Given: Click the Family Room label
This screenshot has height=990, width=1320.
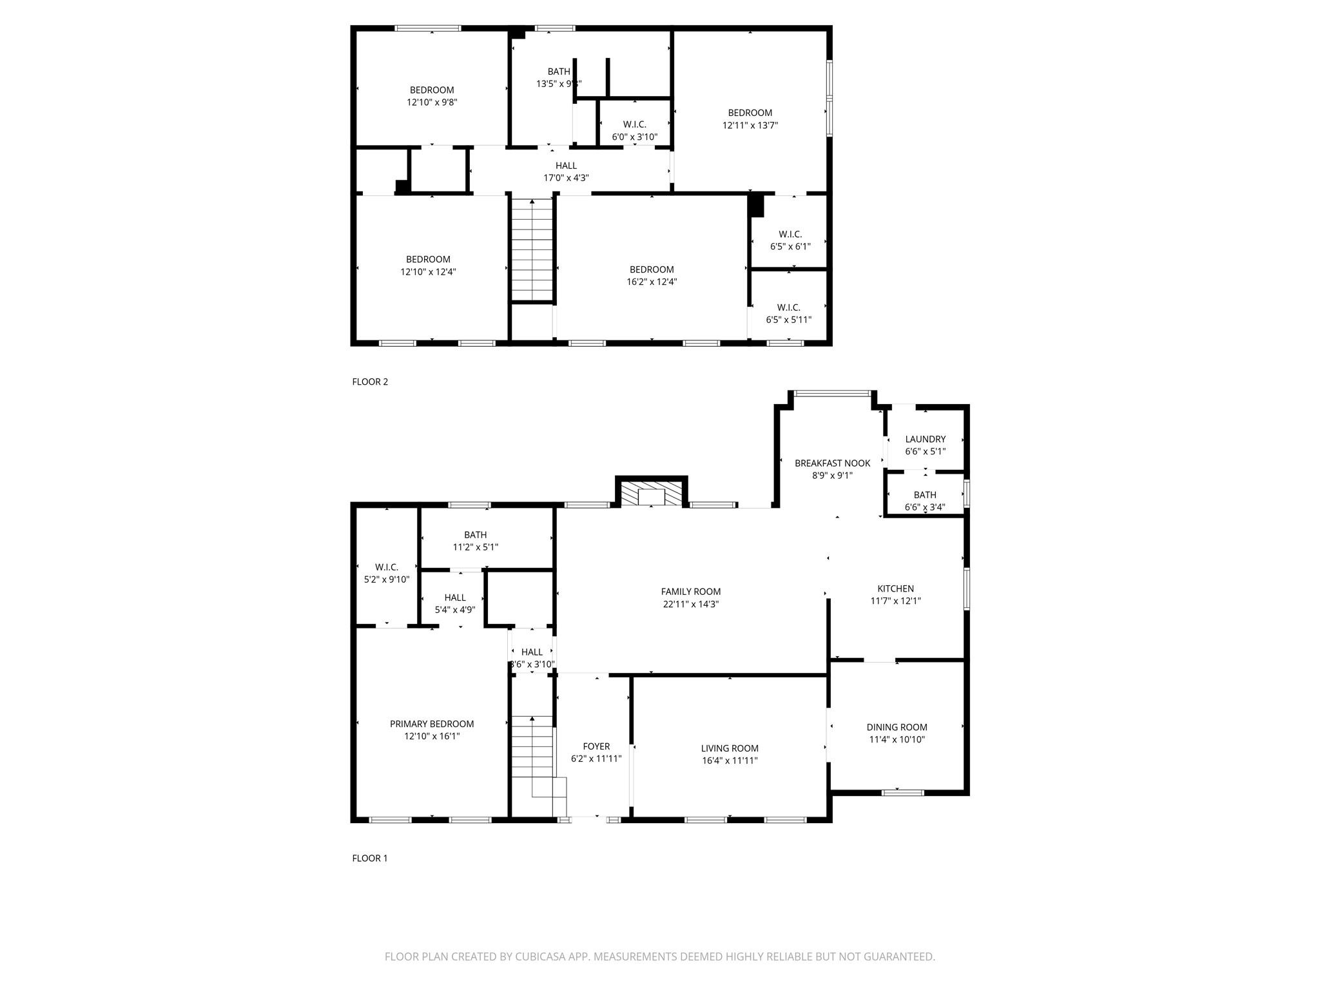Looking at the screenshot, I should [690, 592].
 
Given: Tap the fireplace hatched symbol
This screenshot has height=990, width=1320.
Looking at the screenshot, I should [652, 494].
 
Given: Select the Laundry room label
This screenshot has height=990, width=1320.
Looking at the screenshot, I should [925, 440].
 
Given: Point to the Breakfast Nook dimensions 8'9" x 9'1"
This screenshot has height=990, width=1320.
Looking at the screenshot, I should [832, 476].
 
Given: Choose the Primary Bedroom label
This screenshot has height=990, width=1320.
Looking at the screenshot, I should [432, 724].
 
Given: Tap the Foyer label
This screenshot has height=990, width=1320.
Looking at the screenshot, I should [596, 746].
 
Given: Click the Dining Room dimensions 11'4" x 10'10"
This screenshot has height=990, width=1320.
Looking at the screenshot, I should [897, 739].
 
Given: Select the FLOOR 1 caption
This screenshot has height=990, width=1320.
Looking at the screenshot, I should [370, 858].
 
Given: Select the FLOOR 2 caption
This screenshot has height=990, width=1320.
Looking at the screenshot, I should [370, 382].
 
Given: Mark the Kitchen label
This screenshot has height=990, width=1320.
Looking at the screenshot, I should [895, 588].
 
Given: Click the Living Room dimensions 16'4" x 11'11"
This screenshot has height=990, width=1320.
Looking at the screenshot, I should [730, 761].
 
